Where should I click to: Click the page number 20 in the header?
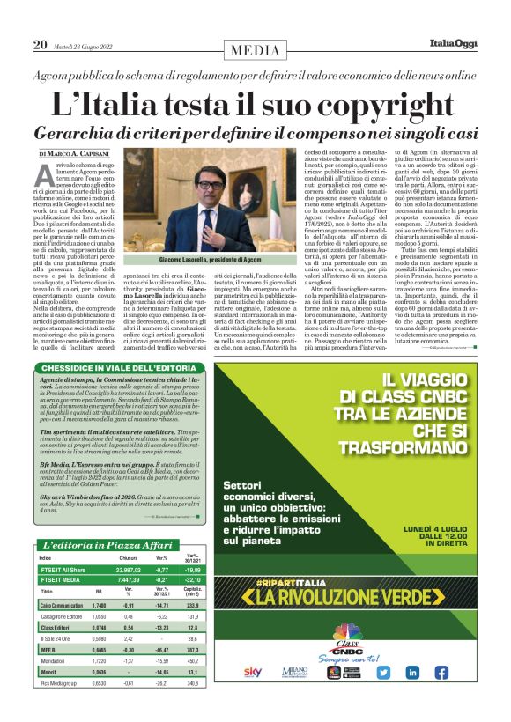[40, 44]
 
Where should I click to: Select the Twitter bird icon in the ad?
[384, 672]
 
